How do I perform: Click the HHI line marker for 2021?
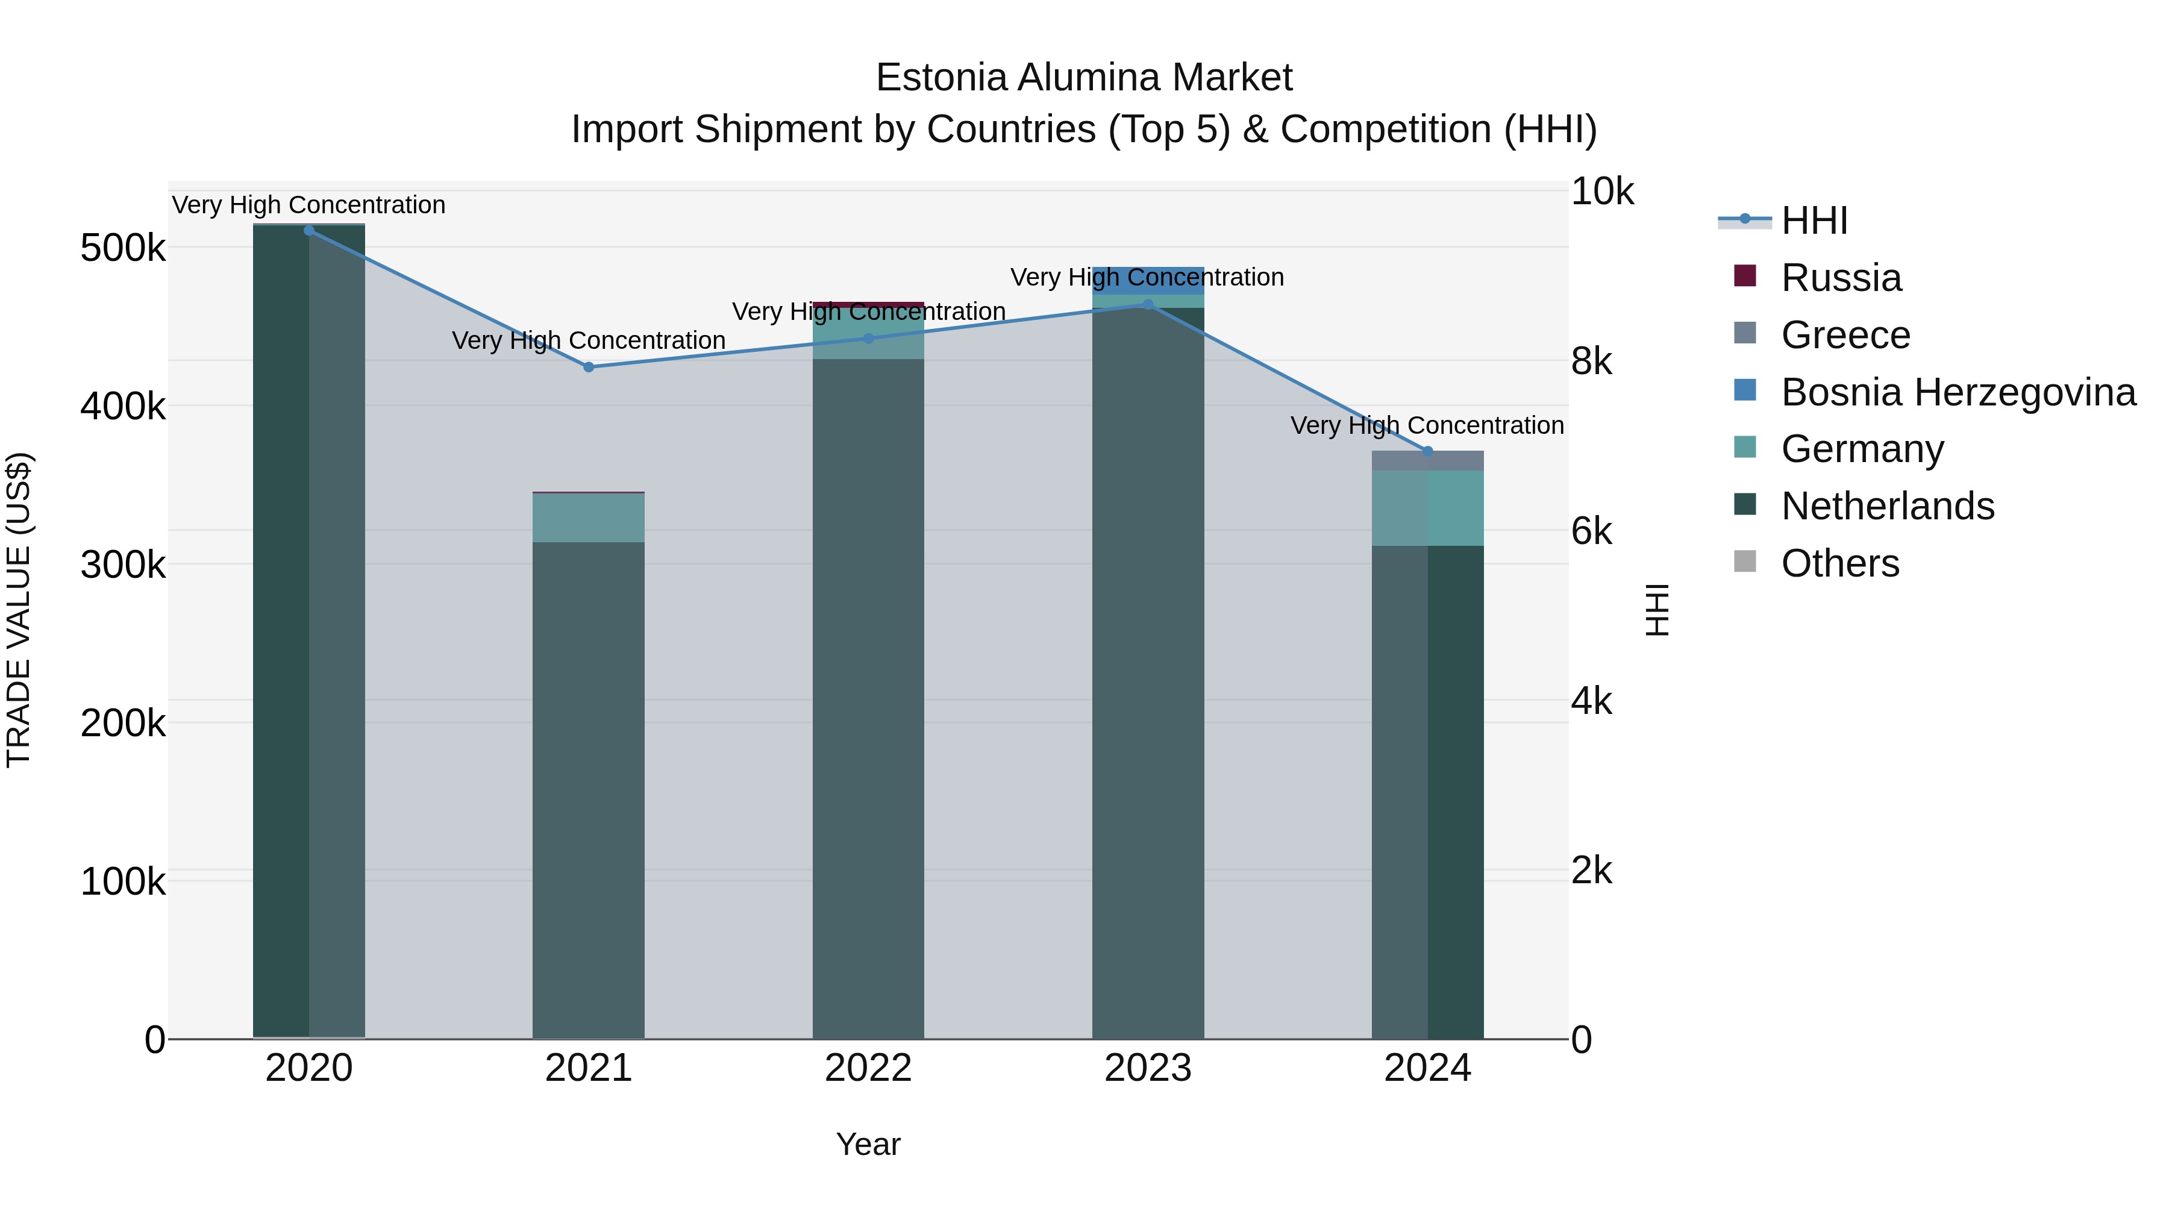pyautogui.click(x=589, y=366)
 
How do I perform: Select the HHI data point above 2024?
pyautogui.click(x=1427, y=451)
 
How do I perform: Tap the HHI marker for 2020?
pyautogui.click(x=309, y=230)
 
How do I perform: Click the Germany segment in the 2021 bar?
pyautogui.click(x=589, y=518)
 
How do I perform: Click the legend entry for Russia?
pyautogui.click(x=1841, y=278)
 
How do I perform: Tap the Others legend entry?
pyautogui.click(x=1840, y=563)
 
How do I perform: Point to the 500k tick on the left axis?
pyautogui.click(x=123, y=248)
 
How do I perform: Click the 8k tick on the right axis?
pyautogui.click(x=1591, y=361)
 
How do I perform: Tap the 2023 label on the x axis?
pyautogui.click(x=1148, y=1068)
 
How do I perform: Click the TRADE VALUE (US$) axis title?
pyautogui.click(x=19, y=610)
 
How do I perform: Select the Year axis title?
pyautogui.click(x=868, y=1144)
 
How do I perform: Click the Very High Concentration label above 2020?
pyautogui.click(x=309, y=205)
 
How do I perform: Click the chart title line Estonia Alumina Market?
pyautogui.click(x=1084, y=78)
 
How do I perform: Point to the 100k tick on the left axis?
pyautogui.click(x=123, y=881)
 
